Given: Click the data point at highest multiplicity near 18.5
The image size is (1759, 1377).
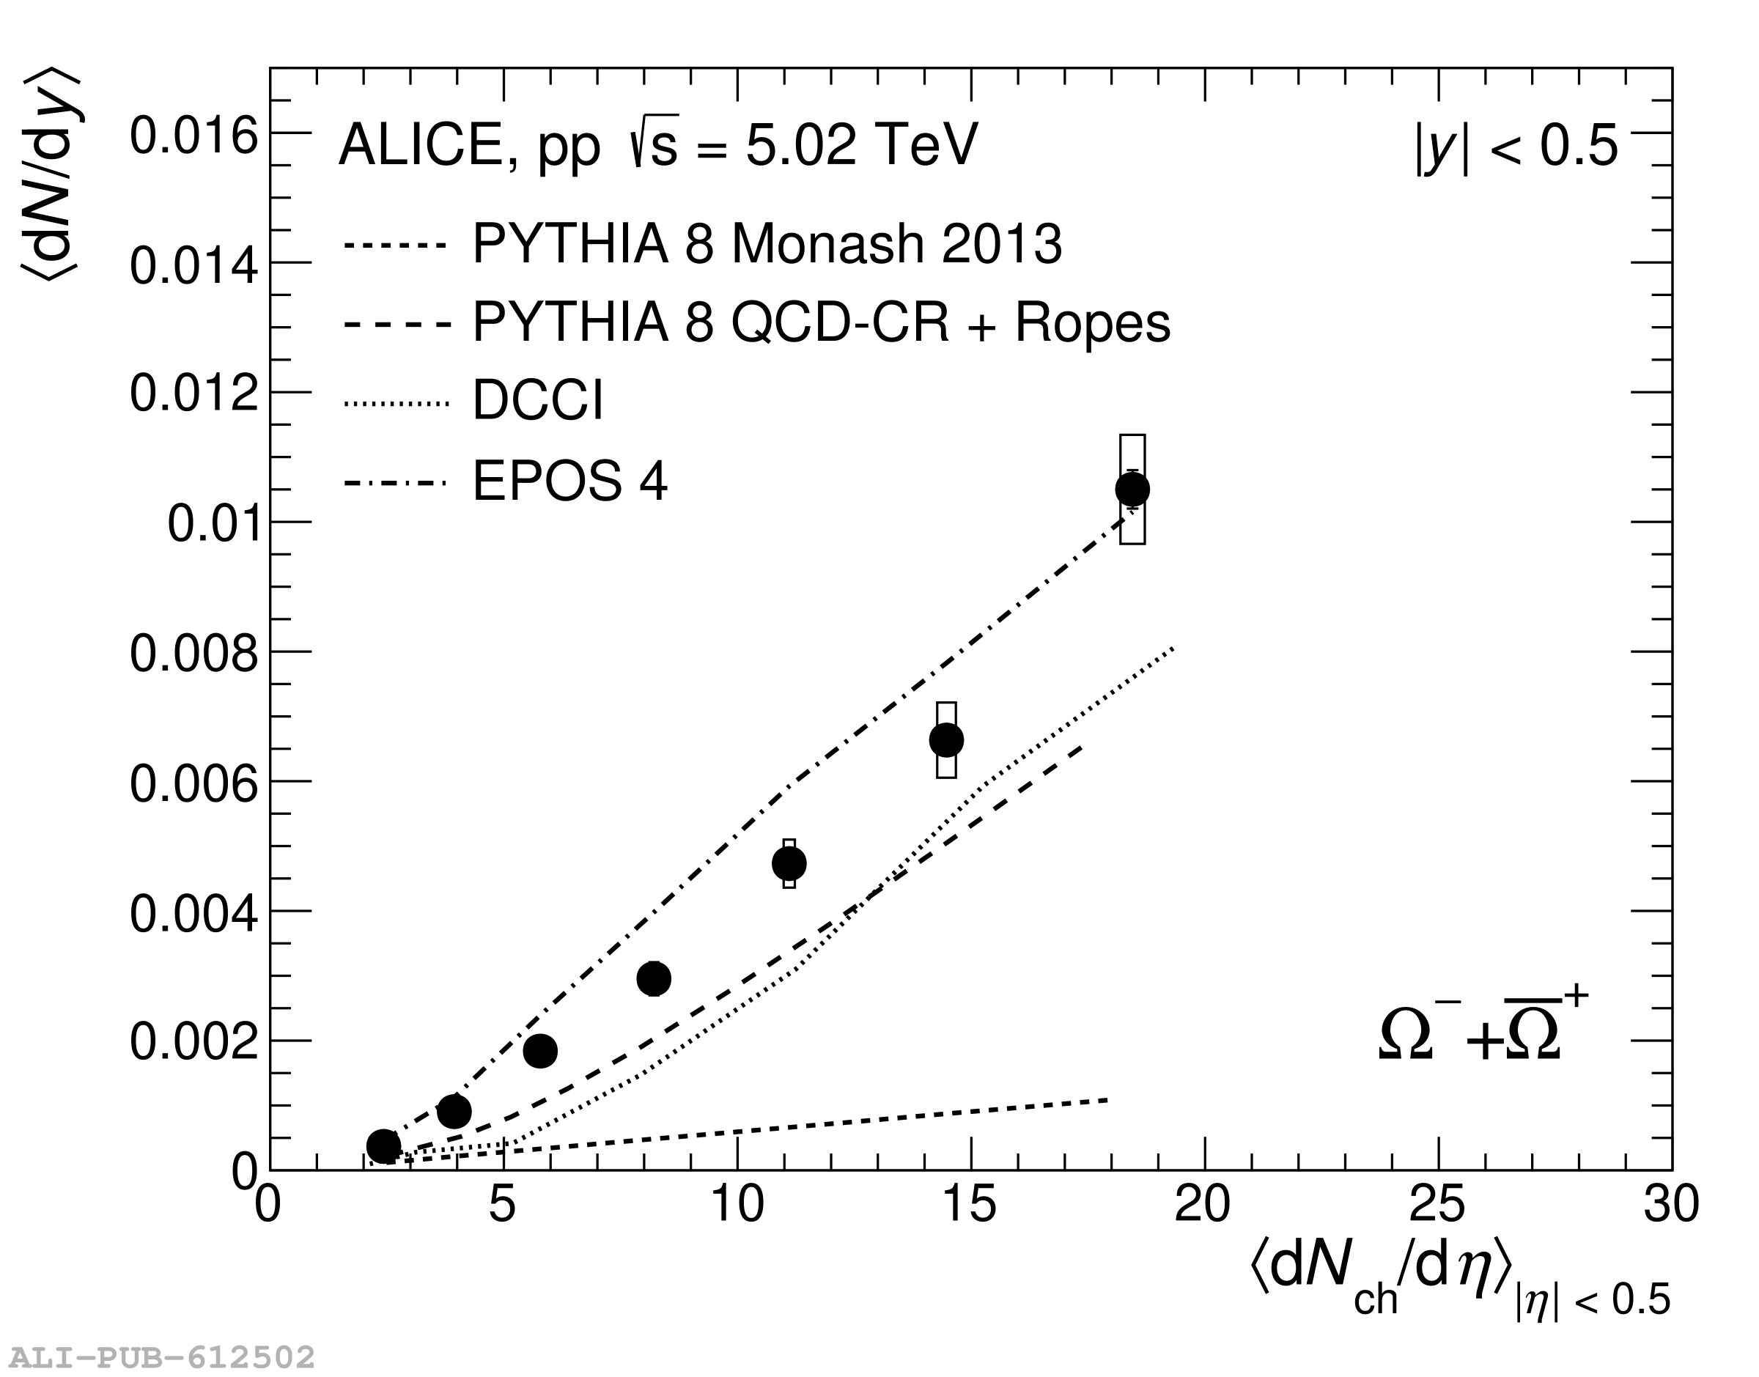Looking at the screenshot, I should coord(1132,490).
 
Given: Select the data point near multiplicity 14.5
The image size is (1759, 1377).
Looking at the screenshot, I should coord(946,739).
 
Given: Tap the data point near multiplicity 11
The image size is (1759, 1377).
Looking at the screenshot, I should coord(789,863).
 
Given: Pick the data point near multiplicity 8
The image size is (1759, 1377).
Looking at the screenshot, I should coord(654,979).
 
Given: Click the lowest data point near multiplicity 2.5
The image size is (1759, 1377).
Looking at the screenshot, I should coord(384,1145).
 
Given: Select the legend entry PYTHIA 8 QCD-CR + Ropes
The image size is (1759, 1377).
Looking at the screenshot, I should coord(821,322).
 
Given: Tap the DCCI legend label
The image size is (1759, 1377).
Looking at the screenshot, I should coord(538,401).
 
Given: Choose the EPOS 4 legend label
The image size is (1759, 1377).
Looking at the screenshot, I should coord(570,481).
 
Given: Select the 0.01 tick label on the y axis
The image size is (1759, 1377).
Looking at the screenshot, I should coord(213,524).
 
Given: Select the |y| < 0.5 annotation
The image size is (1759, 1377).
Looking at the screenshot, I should coord(1516,147).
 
